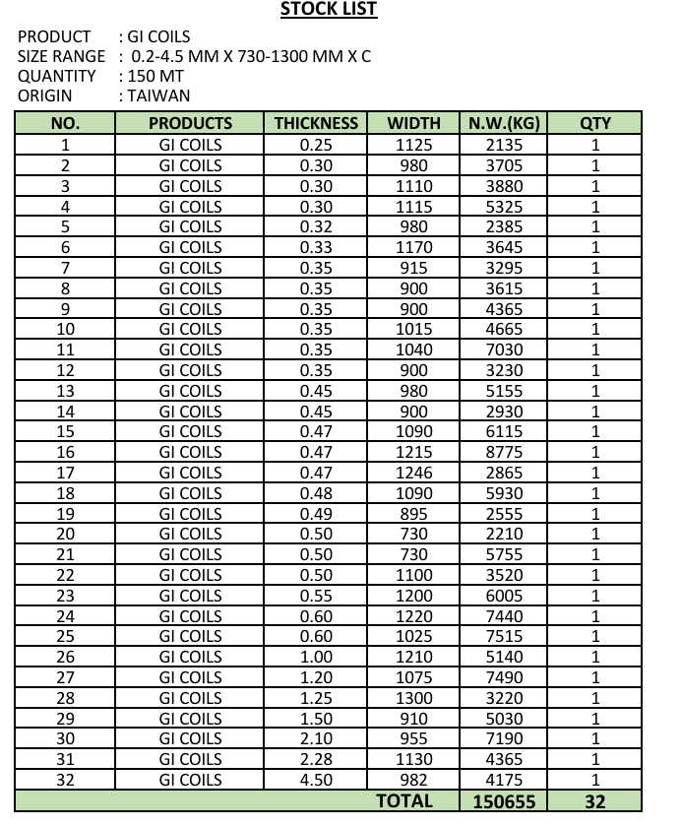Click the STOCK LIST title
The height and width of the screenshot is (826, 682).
click(328, 10)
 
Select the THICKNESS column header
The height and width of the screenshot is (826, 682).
click(316, 124)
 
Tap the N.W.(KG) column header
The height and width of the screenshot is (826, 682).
click(505, 124)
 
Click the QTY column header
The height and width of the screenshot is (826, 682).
click(595, 124)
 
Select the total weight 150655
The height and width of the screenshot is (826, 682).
click(505, 801)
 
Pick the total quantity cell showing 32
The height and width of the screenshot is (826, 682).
click(595, 801)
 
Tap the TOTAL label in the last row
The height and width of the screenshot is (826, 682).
click(404, 801)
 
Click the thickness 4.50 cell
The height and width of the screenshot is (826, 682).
click(316, 780)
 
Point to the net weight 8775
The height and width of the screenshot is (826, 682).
click(505, 452)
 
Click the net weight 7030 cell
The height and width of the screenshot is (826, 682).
click(505, 349)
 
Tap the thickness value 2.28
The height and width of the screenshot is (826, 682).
click(316, 759)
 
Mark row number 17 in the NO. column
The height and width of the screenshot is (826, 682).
click(65, 473)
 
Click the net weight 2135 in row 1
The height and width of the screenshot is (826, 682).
click(505, 145)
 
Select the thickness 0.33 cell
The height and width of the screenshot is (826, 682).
click(316, 247)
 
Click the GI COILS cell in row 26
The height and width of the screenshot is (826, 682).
click(191, 657)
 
